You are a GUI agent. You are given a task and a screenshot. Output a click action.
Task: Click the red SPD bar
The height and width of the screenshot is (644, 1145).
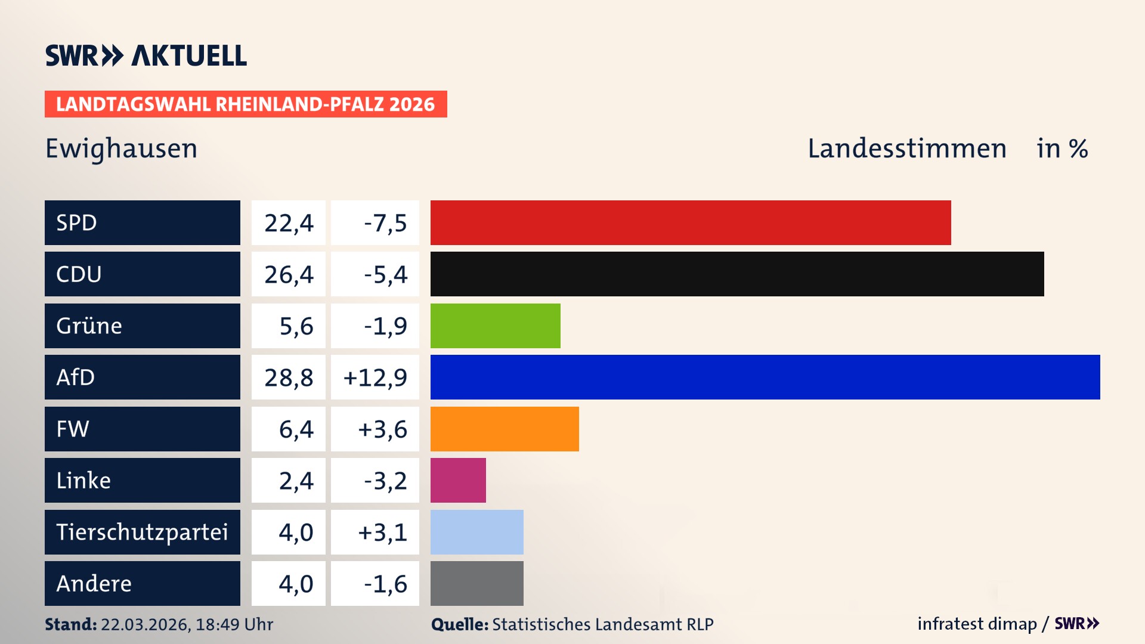tap(691, 222)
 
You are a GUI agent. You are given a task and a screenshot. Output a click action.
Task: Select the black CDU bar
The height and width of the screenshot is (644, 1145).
tap(737, 274)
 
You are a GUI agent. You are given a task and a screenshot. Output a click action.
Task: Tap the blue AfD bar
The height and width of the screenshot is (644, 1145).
tap(765, 377)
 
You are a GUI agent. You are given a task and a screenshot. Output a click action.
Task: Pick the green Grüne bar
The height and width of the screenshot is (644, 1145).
tap(495, 326)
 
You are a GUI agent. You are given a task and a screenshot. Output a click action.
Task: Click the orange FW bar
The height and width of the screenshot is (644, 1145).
tap(505, 429)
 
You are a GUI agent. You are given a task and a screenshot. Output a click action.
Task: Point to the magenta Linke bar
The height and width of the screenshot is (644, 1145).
tap(458, 480)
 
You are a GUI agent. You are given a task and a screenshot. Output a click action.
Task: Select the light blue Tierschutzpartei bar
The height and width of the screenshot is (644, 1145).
tap(476, 532)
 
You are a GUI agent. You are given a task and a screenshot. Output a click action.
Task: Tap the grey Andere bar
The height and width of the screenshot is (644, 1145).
tap(476, 583)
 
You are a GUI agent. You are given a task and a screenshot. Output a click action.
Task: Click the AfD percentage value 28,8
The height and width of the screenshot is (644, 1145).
tap(289, 377)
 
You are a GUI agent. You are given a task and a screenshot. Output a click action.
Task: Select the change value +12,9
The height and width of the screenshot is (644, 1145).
tap(375, 377)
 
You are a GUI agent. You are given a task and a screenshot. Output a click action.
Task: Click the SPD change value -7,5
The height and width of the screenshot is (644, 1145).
tap(385, 223)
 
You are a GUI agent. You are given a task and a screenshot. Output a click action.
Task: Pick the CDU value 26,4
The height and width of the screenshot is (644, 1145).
tap(289, 274)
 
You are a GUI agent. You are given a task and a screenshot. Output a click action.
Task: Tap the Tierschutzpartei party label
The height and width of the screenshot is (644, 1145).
tap(142, 532)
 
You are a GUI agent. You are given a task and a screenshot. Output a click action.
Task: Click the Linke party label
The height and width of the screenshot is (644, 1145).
tap(83, 480)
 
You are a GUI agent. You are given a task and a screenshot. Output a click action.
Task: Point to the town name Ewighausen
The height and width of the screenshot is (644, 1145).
tap(121, 148)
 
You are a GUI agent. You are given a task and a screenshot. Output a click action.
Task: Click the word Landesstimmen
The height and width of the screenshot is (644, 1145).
tap(906, 148)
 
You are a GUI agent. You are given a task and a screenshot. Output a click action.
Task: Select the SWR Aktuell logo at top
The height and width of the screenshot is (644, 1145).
tap(146, 55)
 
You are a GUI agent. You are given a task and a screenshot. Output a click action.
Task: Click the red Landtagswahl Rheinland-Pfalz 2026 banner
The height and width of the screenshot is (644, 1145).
tap(245, 104)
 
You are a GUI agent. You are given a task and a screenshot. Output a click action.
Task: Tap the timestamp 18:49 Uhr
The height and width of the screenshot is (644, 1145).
tap(234, 624)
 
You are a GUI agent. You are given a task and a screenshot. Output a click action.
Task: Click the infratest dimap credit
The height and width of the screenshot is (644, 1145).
tap(977, 624)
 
